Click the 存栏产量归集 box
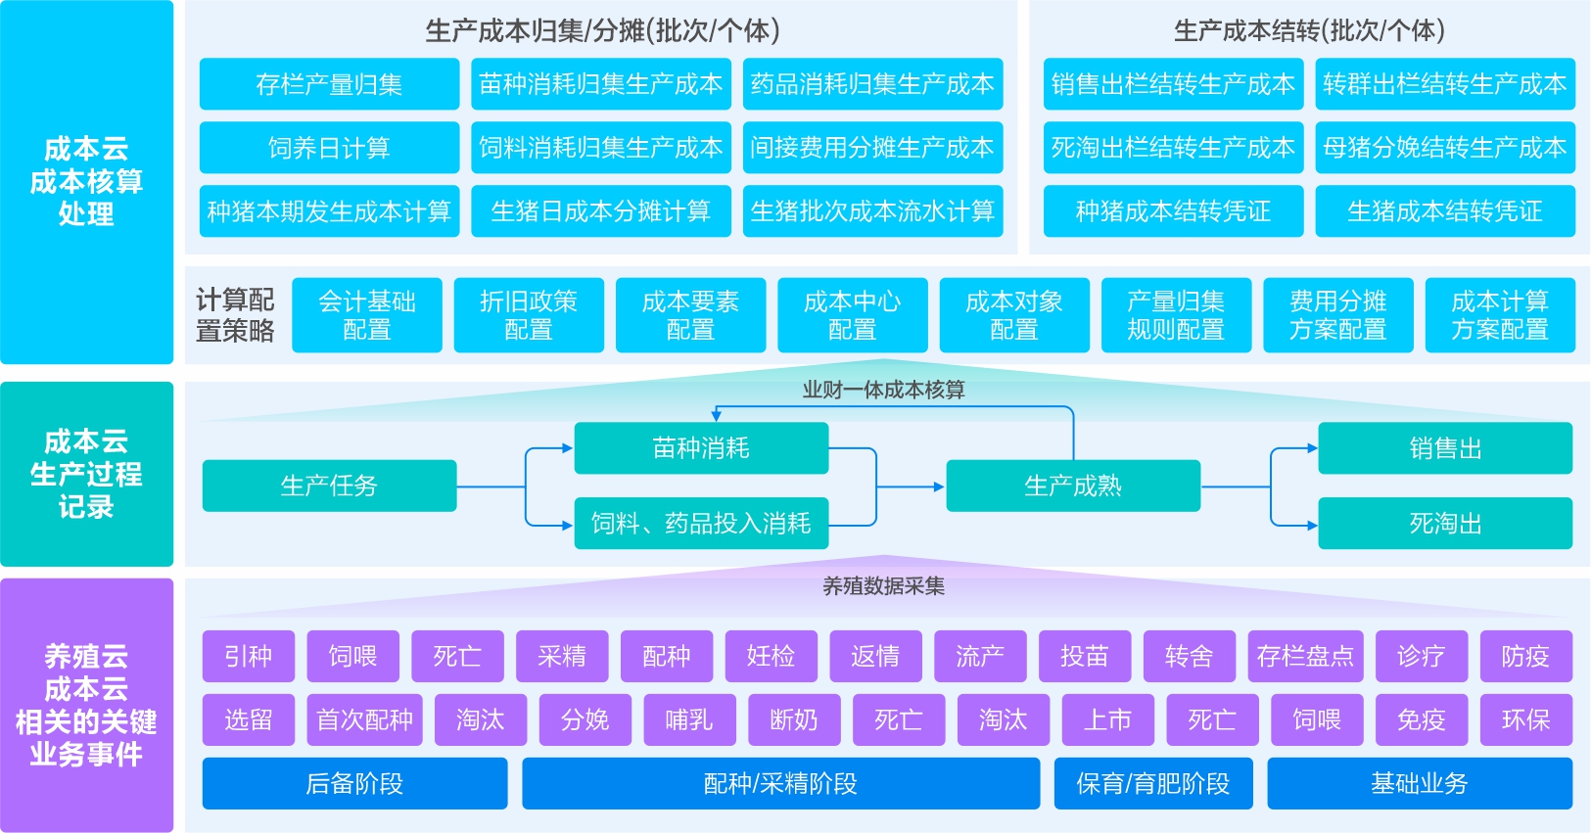(329, 84)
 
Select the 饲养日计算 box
(329, 148)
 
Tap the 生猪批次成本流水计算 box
(872, 211)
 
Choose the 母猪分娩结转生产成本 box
(1444, 148)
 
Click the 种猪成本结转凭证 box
(1173, 211)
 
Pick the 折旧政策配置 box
(529, 315)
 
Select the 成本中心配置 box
(852, 315)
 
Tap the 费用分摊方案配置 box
(1337, 315)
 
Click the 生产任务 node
(329, 486)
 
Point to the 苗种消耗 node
(701, 448)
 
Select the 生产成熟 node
(1073, 486)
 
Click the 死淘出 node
(1444, 524)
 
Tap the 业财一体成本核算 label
(883, 390)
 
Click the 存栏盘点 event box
(1305, 656)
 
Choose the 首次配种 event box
(364, 720)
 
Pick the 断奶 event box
(793, 720)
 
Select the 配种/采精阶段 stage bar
(780, 783)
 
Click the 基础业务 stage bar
(1419, 783)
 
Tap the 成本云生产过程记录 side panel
(86, 474)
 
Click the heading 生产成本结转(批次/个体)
(1309, 31)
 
